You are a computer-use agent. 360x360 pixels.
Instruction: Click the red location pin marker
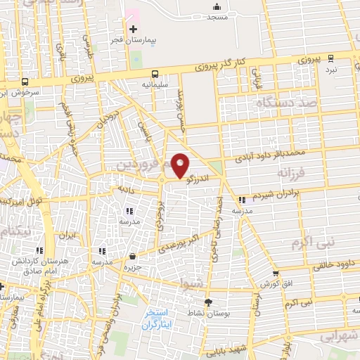point(181,165)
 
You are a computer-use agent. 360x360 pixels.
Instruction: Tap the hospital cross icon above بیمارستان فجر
point(133,29)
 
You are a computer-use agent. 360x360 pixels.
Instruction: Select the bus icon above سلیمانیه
point(155,73)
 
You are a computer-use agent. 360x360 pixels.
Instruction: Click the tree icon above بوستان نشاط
point(207,302)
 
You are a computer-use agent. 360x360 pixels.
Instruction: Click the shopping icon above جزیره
point(132,257)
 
